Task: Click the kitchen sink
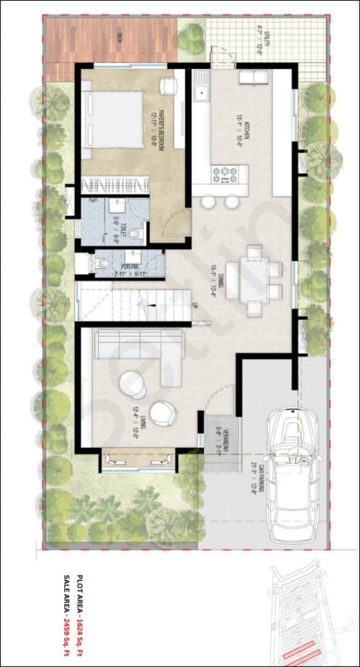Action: pyautogui.click(x=201, y=93)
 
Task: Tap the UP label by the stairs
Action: pyautogui.click(x=195, y=305)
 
